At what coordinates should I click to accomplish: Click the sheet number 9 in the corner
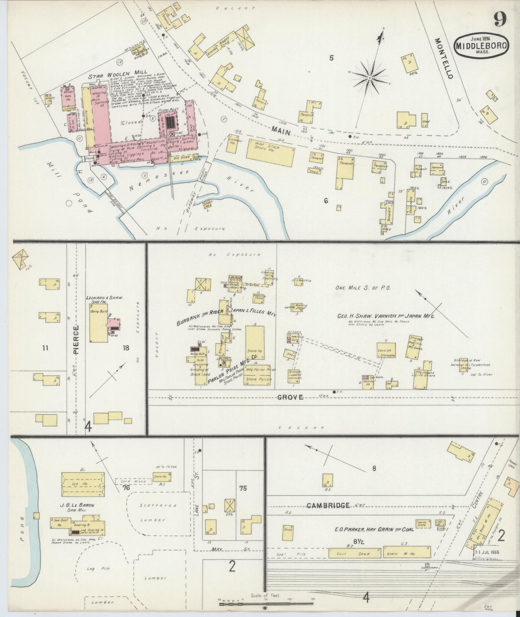coord(501,18)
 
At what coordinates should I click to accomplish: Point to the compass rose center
coord(370,77)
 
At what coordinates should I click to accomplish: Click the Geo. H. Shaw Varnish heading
coord(386,316)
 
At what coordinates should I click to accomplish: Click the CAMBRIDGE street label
coord(328,505)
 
